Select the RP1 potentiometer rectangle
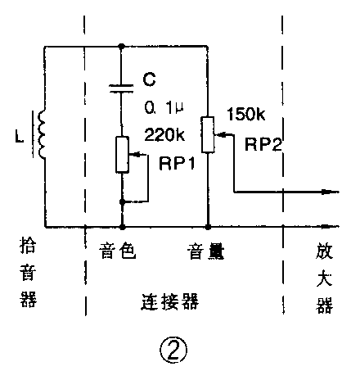point(122,155)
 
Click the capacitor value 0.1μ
point(162,106)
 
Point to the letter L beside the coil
point(19,131)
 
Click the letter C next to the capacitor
point(149,81)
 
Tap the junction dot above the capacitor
point(122,47)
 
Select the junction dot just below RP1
point(122,200)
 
